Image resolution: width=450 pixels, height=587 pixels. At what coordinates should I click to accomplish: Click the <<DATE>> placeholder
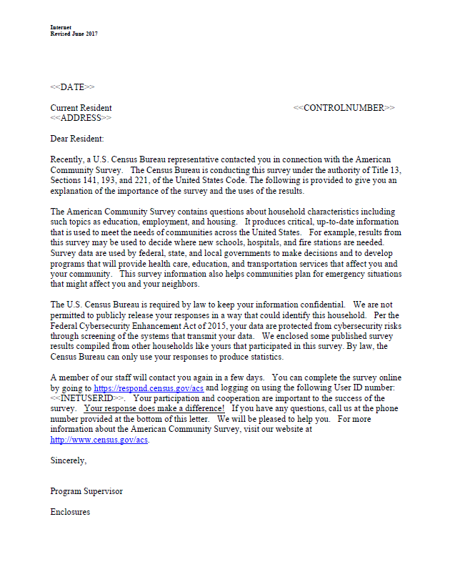[71, 87]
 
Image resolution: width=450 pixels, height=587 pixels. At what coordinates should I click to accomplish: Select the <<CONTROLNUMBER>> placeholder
[344, 108]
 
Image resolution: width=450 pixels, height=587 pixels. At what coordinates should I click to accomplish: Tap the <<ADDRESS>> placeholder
[81, 117]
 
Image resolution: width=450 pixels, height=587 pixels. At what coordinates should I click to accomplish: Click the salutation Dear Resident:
[77, 139]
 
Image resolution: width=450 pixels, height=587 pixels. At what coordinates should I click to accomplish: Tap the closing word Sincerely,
[69, 461]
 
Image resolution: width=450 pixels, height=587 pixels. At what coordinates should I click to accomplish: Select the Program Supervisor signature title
[86, 491]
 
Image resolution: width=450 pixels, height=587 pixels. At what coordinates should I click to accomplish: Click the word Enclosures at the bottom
[70, 512]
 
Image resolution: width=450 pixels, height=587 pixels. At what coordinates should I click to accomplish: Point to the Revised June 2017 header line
[74, 34]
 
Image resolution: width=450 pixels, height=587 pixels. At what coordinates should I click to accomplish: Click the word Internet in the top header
[61, 27]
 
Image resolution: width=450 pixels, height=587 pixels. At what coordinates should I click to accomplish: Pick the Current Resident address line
[81, 108]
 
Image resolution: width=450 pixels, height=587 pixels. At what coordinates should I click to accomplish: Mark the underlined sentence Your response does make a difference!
[154, 409]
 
